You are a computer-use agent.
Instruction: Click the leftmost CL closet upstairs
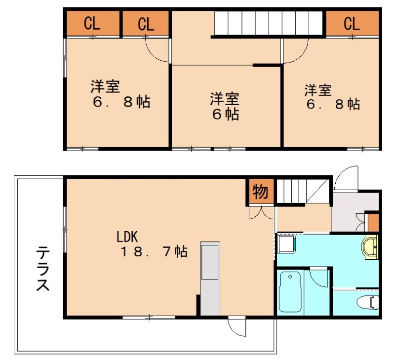(x=92, y=24)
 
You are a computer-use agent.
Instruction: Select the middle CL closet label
(x=145, y=24)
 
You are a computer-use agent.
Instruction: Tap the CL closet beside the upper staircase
(x=352, y=24)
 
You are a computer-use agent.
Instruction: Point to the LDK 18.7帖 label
(x=152, y=244)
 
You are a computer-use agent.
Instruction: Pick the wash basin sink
(x=370, y=246)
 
